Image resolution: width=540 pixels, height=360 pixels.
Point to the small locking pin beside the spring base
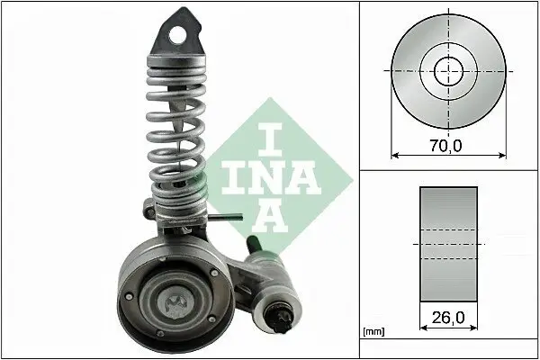[x=232, y=215]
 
